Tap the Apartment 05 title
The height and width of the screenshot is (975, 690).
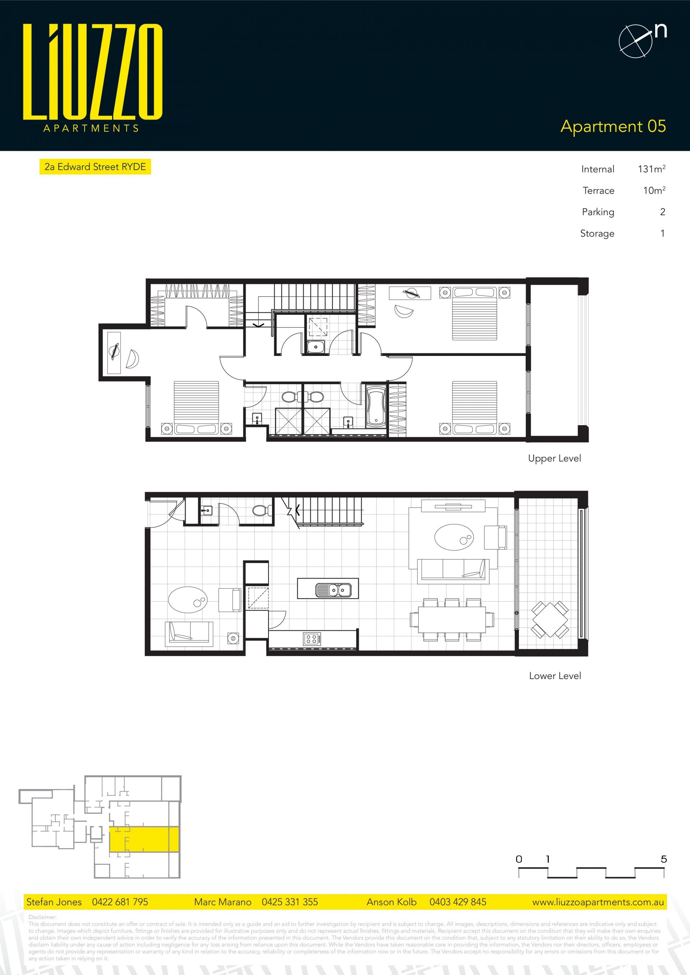[x=613, y=126]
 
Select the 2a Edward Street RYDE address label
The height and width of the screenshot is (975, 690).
[x=95, y=167]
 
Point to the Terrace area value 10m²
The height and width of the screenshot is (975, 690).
[x=654, y=190]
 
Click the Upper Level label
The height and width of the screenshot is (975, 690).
[x=555, y=459]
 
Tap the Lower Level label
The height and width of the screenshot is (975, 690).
[x=555, y=675]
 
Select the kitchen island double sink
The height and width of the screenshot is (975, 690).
[x=333, y=590]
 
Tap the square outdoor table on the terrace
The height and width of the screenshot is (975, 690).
[x=550, y=619]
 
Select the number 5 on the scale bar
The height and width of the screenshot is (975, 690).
[x=664, y=859]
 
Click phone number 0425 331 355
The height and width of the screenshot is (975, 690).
[x=290, y=902]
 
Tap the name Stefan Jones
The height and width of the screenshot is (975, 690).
[x=54, y=902]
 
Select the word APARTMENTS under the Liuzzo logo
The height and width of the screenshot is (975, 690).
[x=91, y=128]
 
